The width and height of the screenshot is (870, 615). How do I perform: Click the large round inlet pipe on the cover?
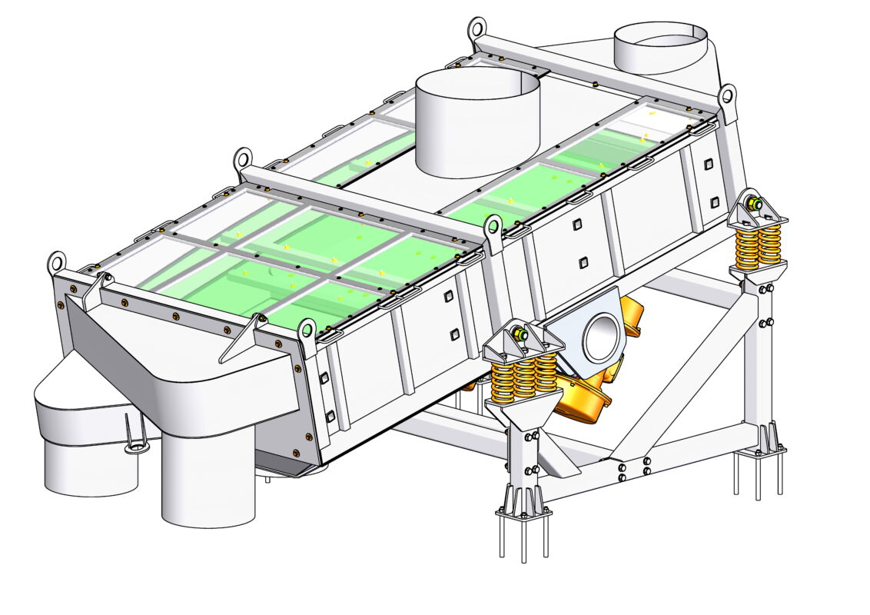pyautogui.click(x=477, y=123)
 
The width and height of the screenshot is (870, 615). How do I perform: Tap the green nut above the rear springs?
pyautogui.click(x=755, y=204)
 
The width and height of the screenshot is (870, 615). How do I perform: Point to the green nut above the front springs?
pyautogui.click(x=521, y=335)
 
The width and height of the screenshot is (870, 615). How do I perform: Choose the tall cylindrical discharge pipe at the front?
pyautogui.click(x=208, y=477)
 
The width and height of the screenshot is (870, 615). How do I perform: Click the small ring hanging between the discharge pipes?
pyautogui.click(x=135, y=447)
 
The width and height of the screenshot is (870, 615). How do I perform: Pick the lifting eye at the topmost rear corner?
pyautogui.click(x=477, y=29)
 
